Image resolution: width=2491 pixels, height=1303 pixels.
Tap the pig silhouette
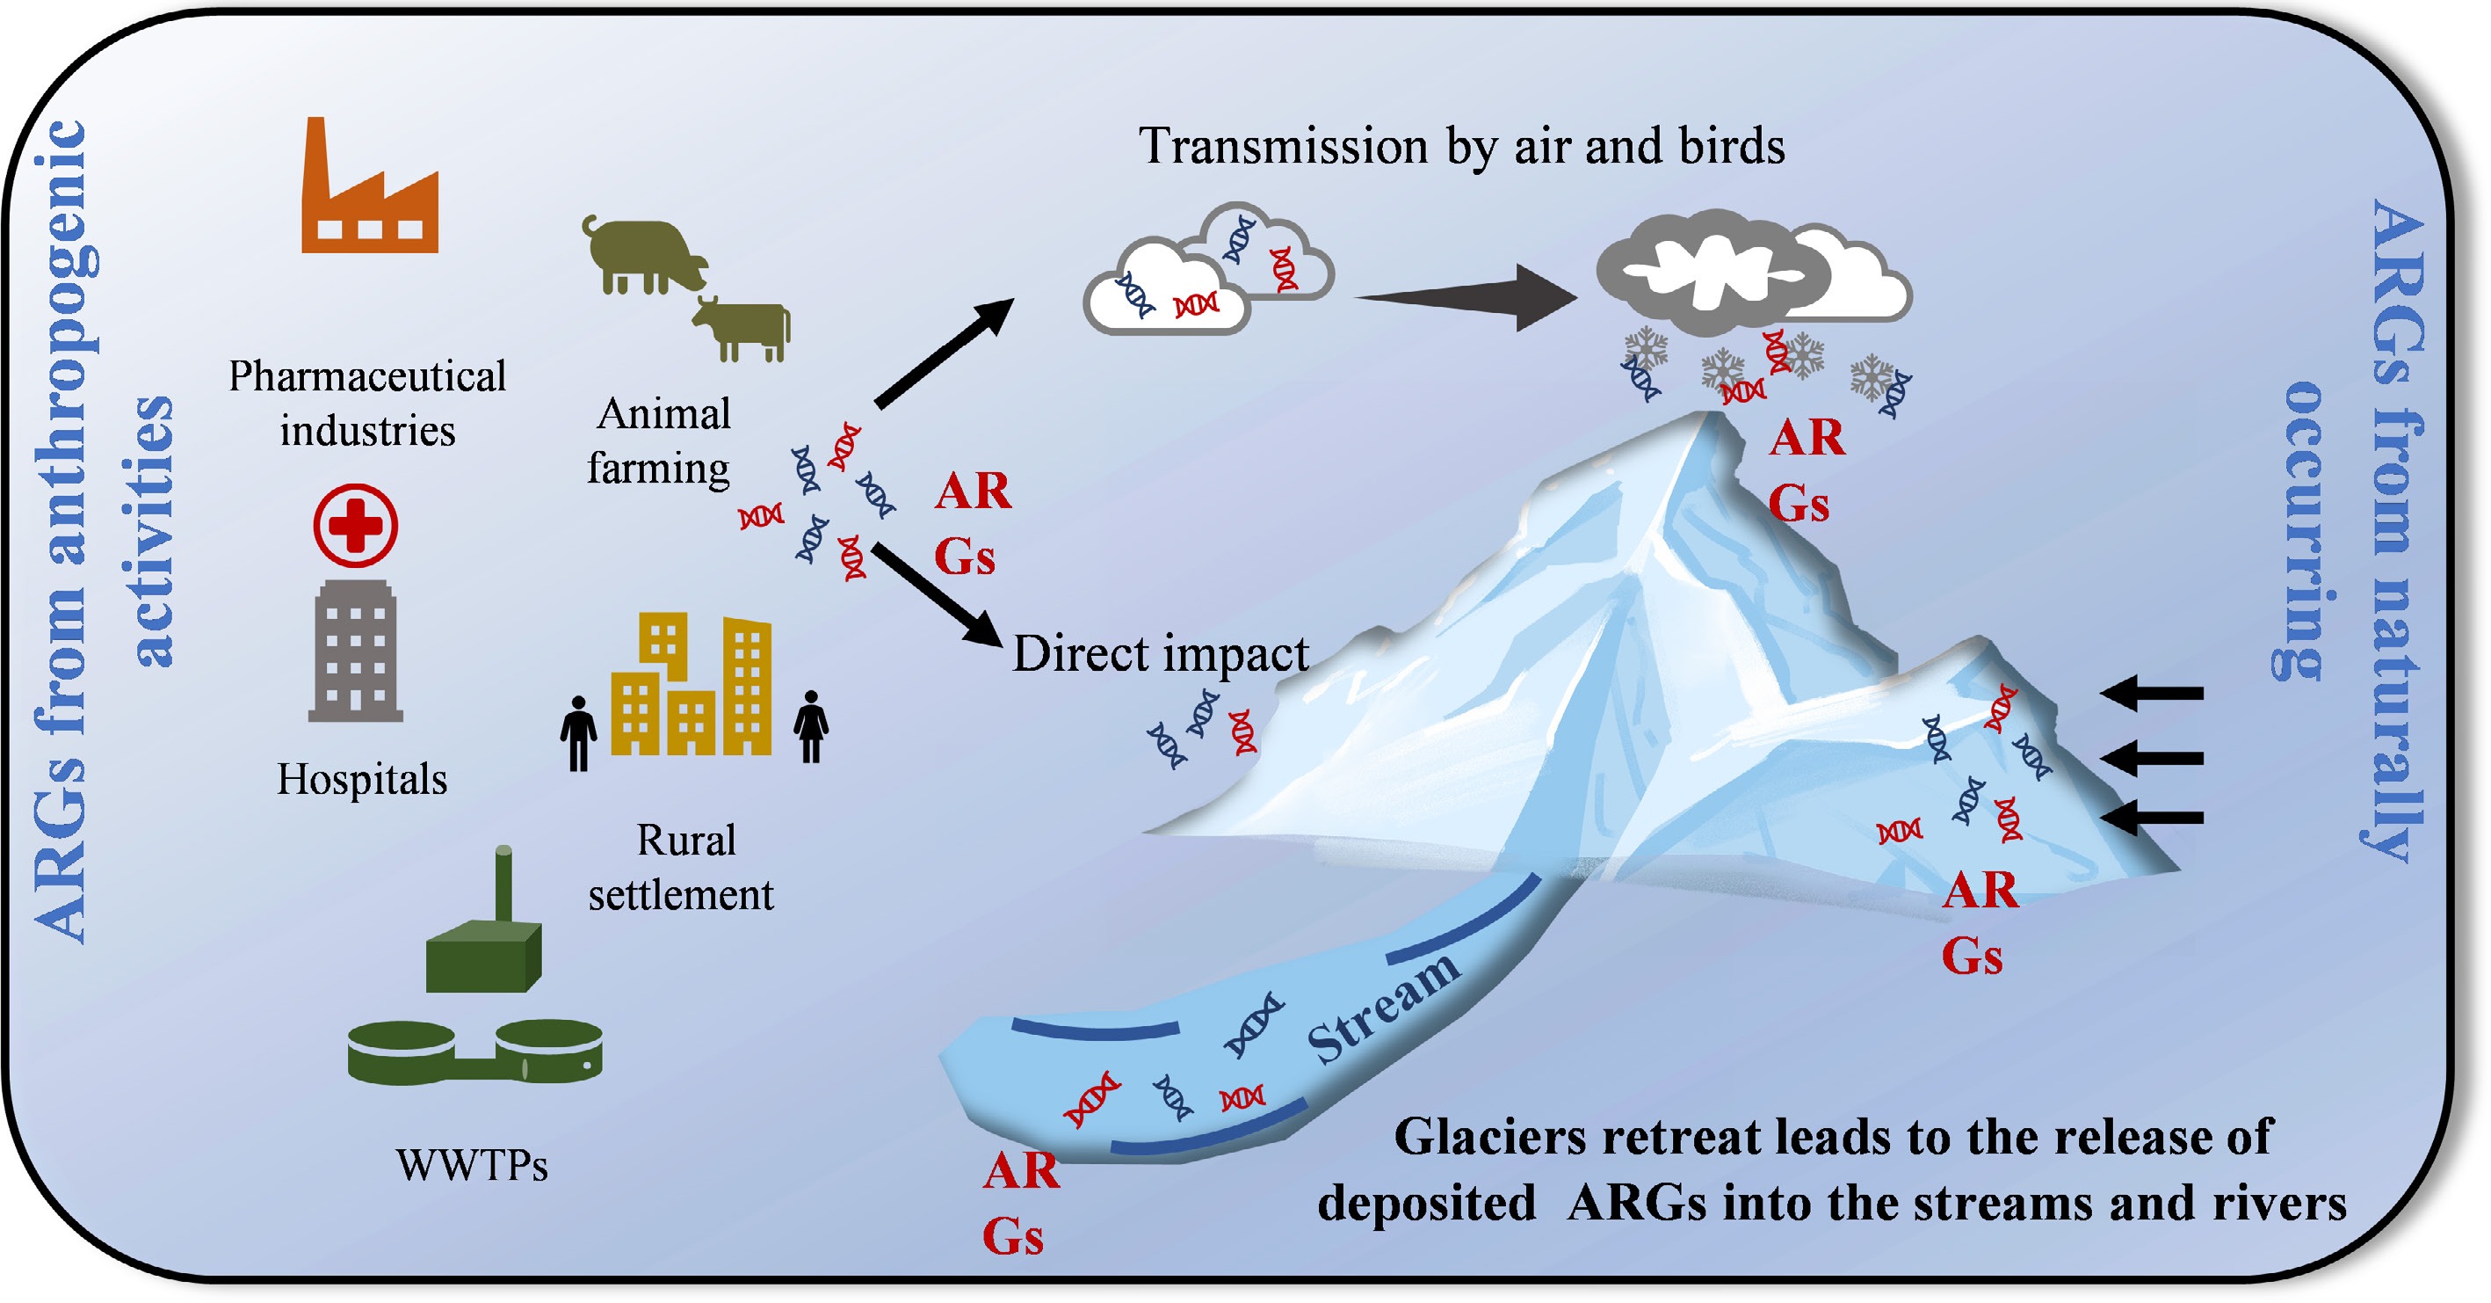click(x=643, y=253)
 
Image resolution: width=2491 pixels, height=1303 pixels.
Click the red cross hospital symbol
click(x=355, y=525)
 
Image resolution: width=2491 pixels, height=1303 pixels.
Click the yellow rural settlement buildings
click(x=692, y=687)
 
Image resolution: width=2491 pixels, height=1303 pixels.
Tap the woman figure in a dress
click(x=810, y=726)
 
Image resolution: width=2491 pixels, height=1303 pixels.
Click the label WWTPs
click(x=472, y=1165)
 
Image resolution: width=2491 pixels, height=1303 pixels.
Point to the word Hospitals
click(x=362, y=779)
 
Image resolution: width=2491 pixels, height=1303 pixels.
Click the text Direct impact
click(x=1160, y=654)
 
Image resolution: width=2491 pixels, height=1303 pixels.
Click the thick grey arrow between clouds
click(x=1470, y=297)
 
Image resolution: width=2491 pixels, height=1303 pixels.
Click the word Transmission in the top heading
click(x=1283, y=147)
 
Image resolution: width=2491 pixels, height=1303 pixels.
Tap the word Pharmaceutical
click(x=366, y=376)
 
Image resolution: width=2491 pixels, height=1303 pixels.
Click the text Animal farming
click(x=661, y=441)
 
